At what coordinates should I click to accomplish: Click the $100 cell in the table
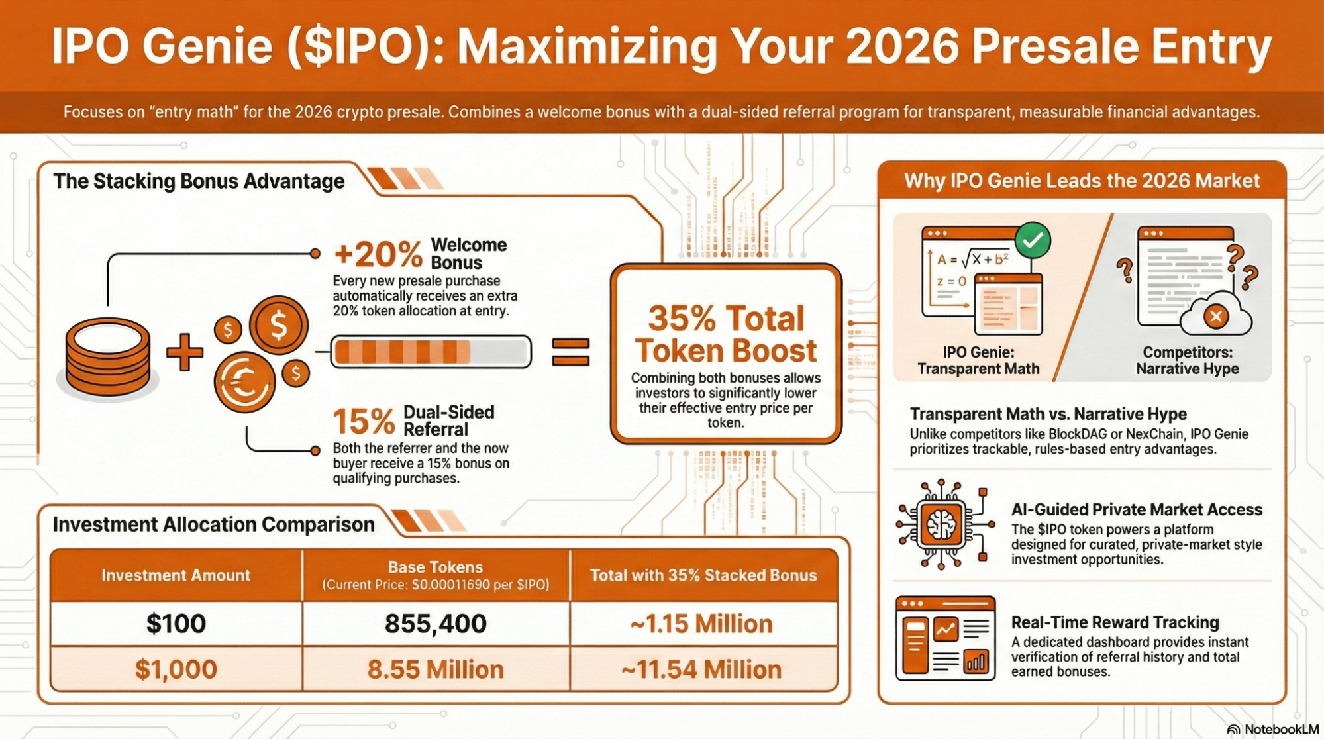point(176,624)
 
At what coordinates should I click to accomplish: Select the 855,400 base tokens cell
point(436,624)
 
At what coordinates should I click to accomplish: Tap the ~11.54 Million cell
point(701,669)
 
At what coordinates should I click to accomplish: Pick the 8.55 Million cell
point(436,669)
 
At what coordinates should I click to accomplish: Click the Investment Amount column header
point(176,575)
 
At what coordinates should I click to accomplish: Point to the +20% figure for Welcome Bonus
point(378,254)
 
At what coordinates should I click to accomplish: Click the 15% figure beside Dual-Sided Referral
point(364,421)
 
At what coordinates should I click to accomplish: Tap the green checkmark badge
point(1033,240)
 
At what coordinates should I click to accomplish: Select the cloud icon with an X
point(1216,316)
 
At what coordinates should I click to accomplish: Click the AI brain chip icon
point(942,525)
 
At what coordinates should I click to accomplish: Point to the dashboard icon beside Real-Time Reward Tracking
point(945,638)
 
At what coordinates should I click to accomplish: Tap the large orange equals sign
point(570,352)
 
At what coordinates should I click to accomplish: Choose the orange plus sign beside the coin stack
point(185,352)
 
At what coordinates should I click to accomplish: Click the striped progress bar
point(431,352)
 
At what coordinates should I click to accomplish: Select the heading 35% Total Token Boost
point(726,334)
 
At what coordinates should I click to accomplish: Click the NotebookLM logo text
point(1281,729)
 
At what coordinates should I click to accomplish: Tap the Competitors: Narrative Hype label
point(1188,360)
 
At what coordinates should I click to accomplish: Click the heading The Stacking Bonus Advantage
point(199,181)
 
